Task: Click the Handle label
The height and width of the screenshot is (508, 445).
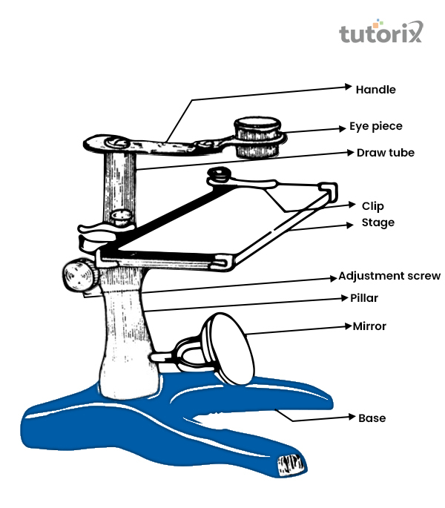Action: (376, 90)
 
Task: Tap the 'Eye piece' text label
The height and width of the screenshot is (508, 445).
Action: (376, 126)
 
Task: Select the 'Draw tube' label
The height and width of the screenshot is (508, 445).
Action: (385, 153)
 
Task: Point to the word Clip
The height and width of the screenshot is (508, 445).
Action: (372, 206)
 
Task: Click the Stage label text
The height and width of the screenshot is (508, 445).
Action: (378, 222)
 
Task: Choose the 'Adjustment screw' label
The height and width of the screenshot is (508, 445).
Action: (389, 276)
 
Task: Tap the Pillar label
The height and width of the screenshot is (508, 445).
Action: (366, 298)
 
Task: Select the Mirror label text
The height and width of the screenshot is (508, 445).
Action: (369, 326)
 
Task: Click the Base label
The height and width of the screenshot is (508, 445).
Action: (372, 418)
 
